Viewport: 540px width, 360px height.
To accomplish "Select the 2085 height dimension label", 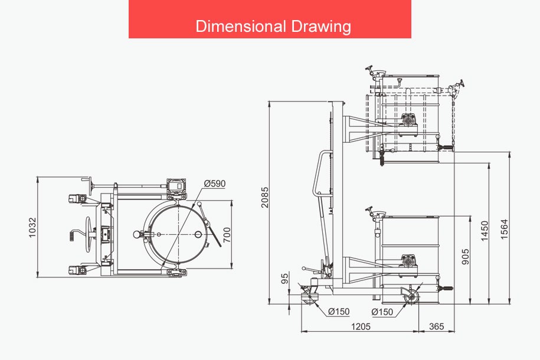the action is coord(264,197).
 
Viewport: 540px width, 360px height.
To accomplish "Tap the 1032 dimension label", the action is coord(32,227).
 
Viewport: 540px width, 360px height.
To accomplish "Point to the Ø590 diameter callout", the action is coord(215,184).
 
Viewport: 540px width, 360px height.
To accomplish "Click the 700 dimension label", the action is coord(227,235).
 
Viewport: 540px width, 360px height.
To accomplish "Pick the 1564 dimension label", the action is coord(504,229).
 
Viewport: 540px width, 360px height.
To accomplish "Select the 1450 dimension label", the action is coord(485,231).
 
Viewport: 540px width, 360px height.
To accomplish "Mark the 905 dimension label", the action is coord(465,257).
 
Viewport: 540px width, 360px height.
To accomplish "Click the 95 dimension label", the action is coord(284,279).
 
